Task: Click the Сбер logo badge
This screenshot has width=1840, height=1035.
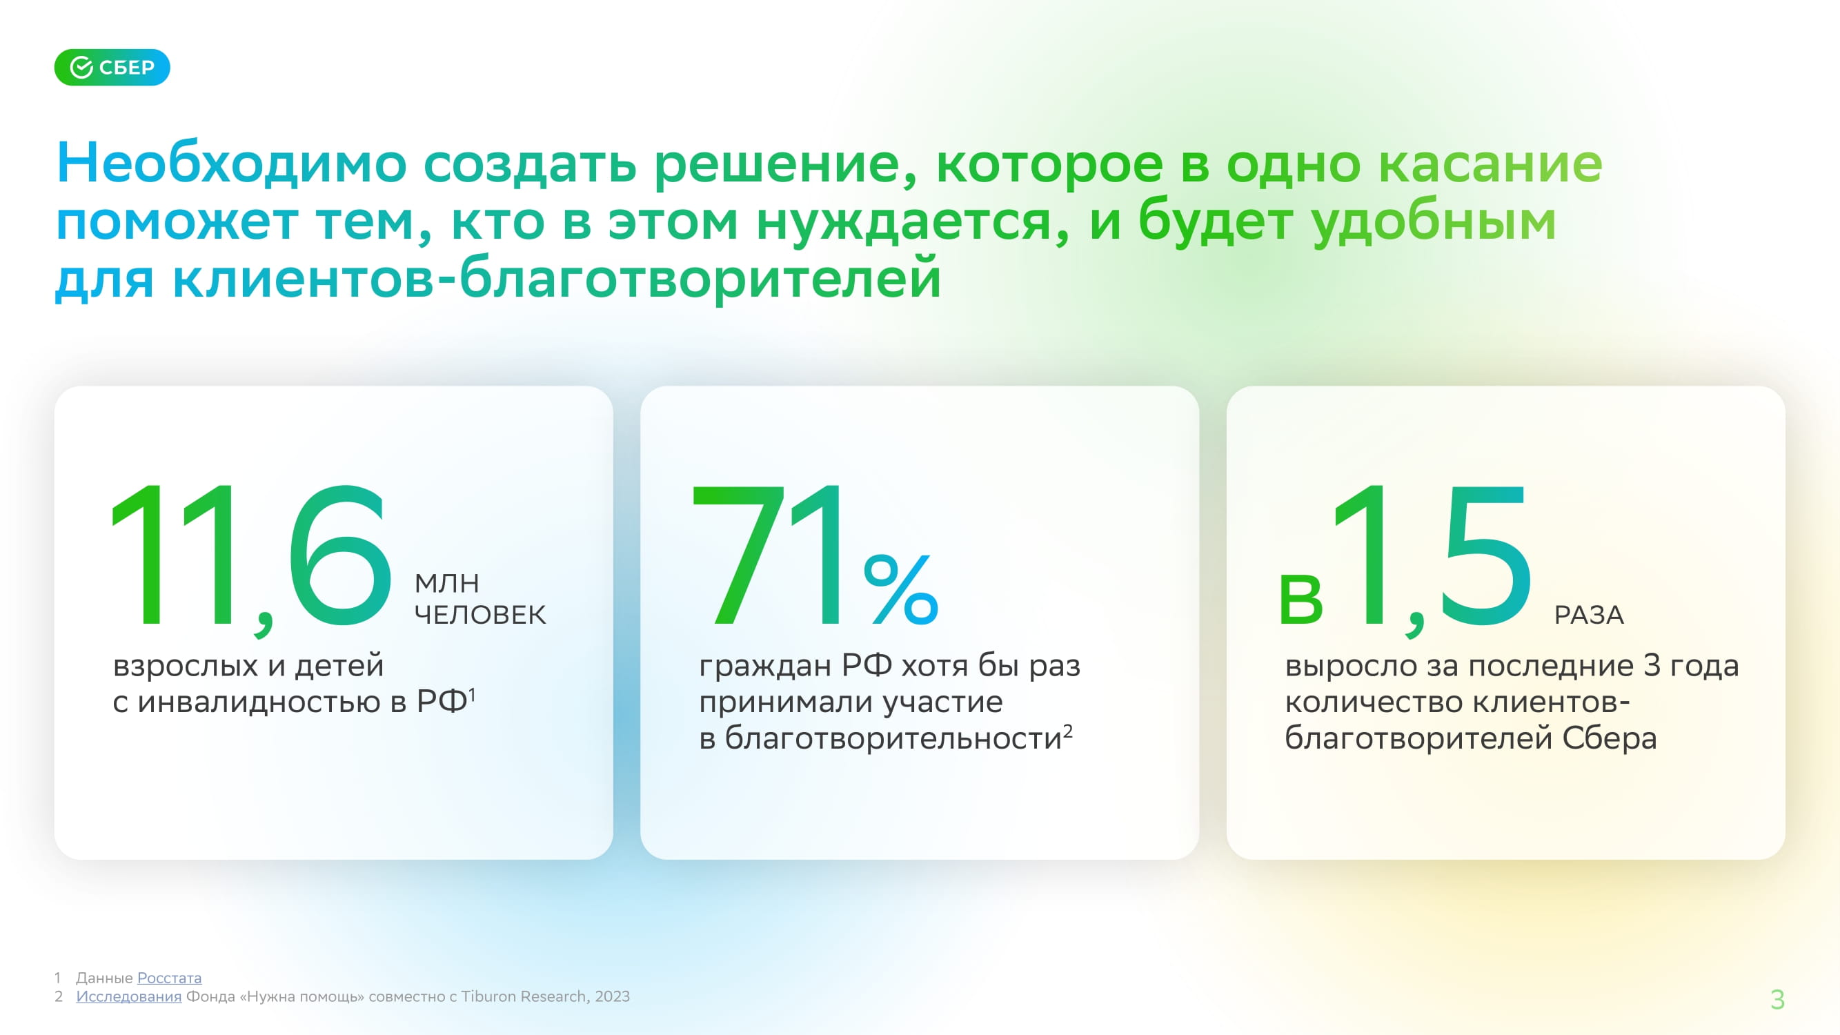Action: (x=112, y=67)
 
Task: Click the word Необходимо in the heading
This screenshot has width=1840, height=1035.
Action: (x=231, y=163)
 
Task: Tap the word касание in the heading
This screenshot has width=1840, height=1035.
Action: (x=1490, y=164)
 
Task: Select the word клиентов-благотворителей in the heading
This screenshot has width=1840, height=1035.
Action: (x=557, y=279)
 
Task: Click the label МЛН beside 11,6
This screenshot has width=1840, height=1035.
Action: (x=447, y=584)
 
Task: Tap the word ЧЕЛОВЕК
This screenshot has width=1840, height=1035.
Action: (x=481, y=614)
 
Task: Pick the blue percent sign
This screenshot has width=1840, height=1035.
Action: (x=901, y=590)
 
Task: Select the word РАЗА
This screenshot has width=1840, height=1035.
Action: (x=1590, y=615)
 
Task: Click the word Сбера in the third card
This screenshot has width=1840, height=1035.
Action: (x=1610, y=738)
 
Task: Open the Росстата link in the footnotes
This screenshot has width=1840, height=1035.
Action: (x=169, y=978)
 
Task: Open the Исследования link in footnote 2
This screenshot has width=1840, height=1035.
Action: (x=129, y=996)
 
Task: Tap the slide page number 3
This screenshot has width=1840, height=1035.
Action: (x=1778, y=999)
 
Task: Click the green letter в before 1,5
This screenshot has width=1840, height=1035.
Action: (x=1301, y=601)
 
